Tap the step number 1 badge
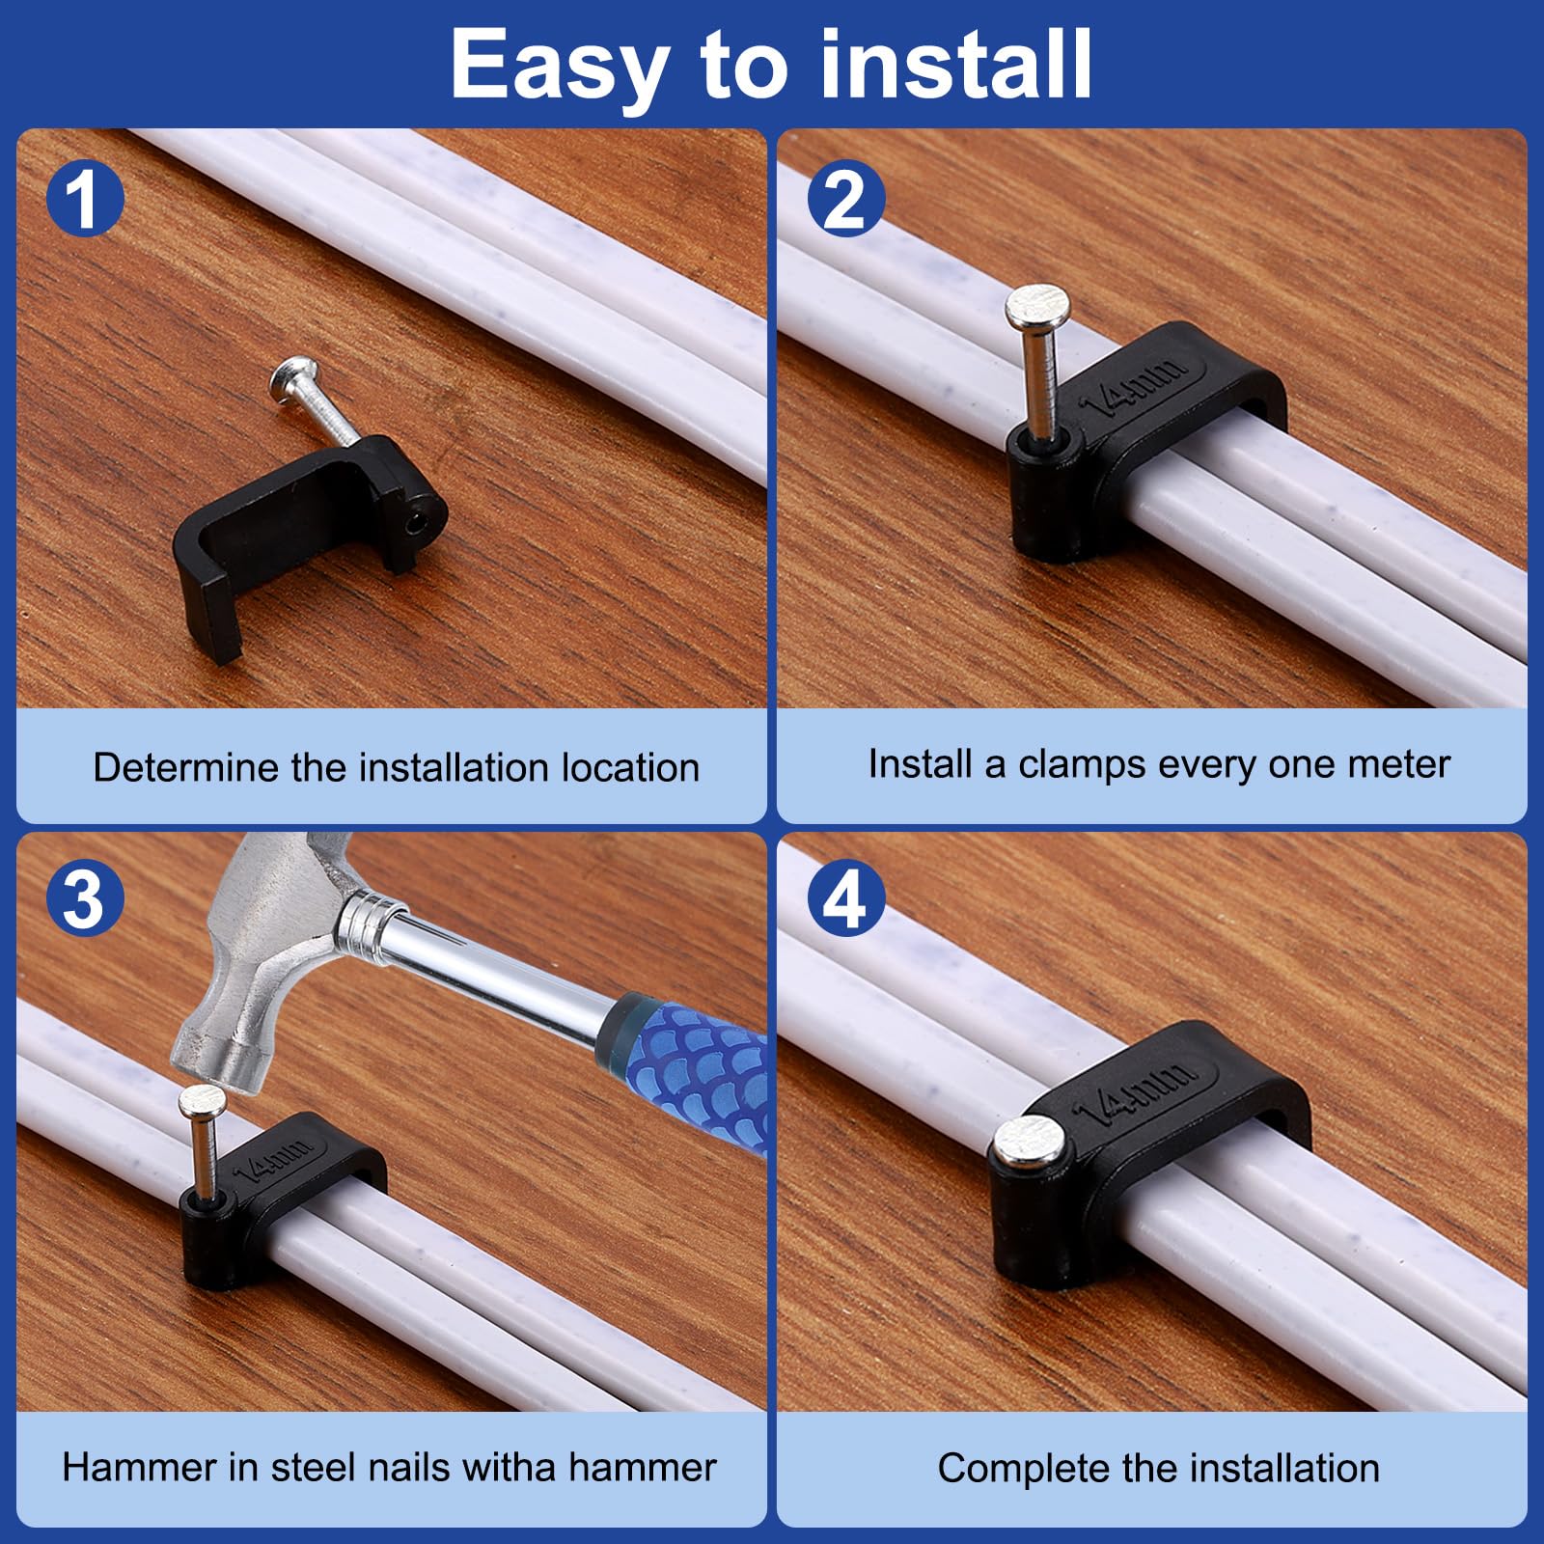pos(85,200)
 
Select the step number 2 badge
pos(845,200)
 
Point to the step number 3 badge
pos(85,898)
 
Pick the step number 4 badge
pos(845,898)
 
